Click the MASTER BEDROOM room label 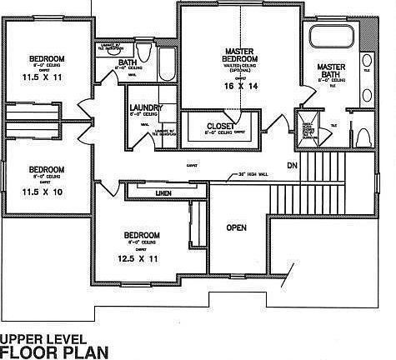coord(238,57)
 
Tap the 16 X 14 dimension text coord(238,86)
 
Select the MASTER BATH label coord(330,70)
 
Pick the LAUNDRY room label coord(147,109)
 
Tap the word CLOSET coord(221,126)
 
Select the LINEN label coord(164,193)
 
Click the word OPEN coord(236,227)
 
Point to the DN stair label coord(292,165)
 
